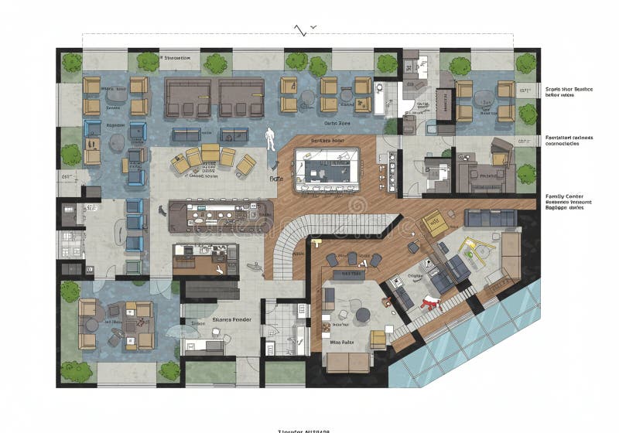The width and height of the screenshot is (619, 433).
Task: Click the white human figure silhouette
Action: coord(270,138)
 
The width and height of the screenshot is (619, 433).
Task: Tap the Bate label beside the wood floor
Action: coord(275,179)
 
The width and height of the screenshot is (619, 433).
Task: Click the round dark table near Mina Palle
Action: coord(362,315)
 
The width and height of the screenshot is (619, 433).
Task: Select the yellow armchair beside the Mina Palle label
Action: coord(378,339)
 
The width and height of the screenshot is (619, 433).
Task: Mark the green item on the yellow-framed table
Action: coord(468,247)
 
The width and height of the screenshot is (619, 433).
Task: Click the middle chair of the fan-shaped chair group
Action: coord(210,154)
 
